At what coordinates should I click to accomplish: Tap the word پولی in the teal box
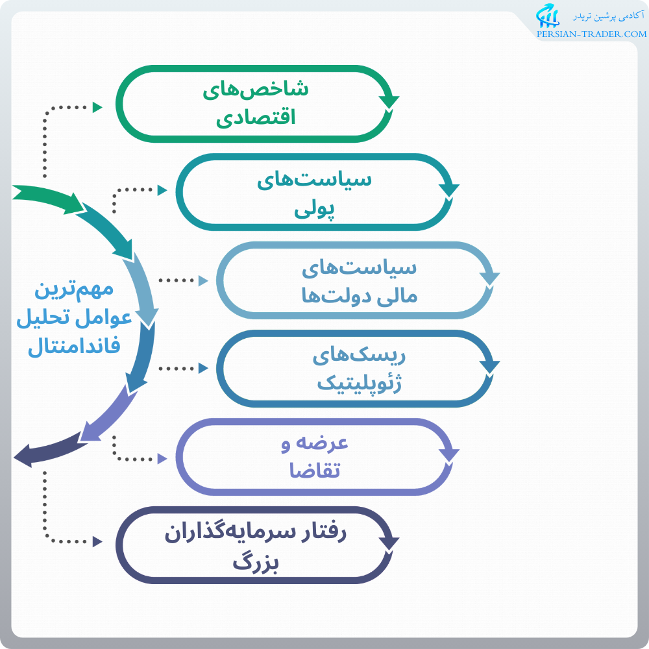click(315, 208)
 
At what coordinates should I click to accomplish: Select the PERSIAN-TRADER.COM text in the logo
click(591, 34)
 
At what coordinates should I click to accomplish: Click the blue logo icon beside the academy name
click(546, 18)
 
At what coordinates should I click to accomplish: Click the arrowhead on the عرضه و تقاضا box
click(449, 454)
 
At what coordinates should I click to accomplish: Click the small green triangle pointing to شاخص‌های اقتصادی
click(98, 107)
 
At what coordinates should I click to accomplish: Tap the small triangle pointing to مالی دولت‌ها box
click(203, 281)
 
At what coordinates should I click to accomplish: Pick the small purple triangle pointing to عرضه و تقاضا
click(162, 458)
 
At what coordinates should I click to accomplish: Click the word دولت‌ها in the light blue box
click(325, 296)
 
